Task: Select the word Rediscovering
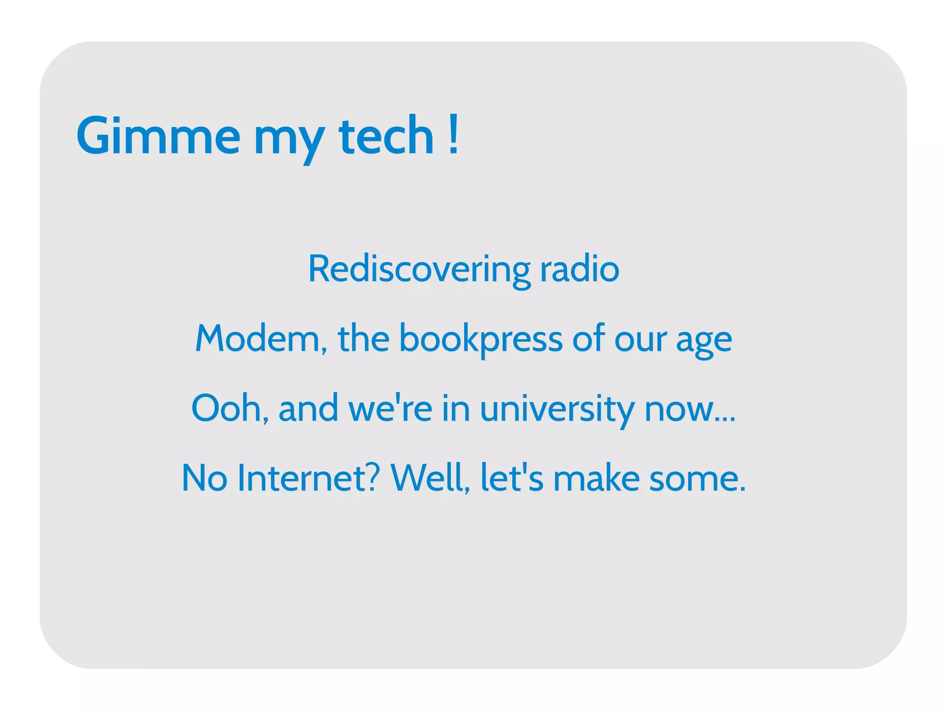(x=419, y=269)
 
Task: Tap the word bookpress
(x=480, y=340)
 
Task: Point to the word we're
(x=390, y=408)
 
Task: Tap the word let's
(x=512, y=478)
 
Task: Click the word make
(x=596, y=478)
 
